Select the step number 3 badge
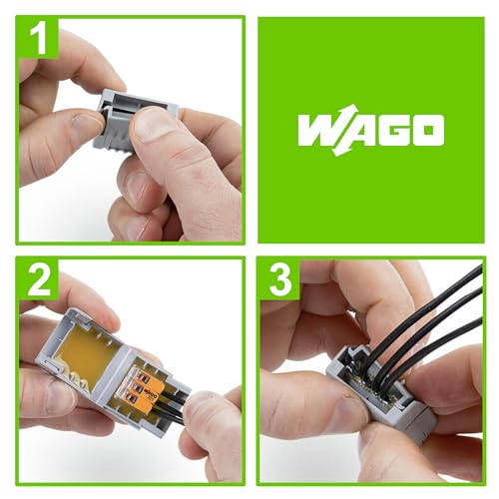pyautogui.click(x=279, y=280)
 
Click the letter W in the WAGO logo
pyautogui.click(x=322, y=131)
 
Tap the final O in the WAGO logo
pyautogui.click(x=426, y=131)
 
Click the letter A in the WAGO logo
pyautogui.click(x=356, y=131)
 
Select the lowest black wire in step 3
pyautogui.click(x=439, y=348)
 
